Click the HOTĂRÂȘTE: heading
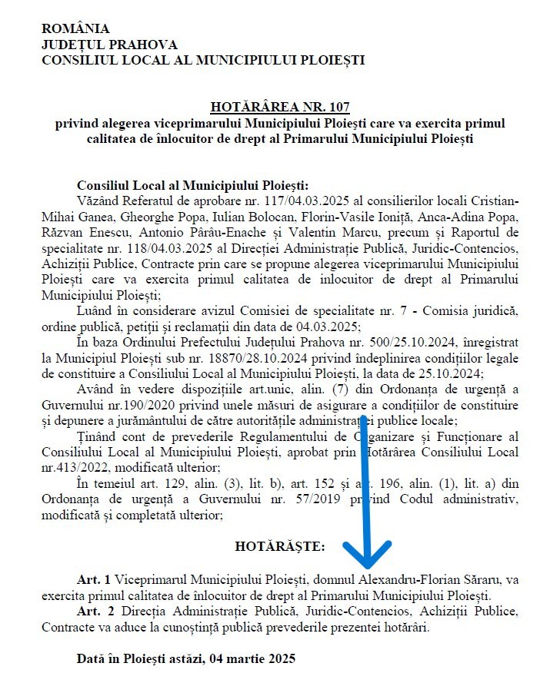pos(279,546)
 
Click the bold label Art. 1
pos(95,579)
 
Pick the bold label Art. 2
pos(95,611)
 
